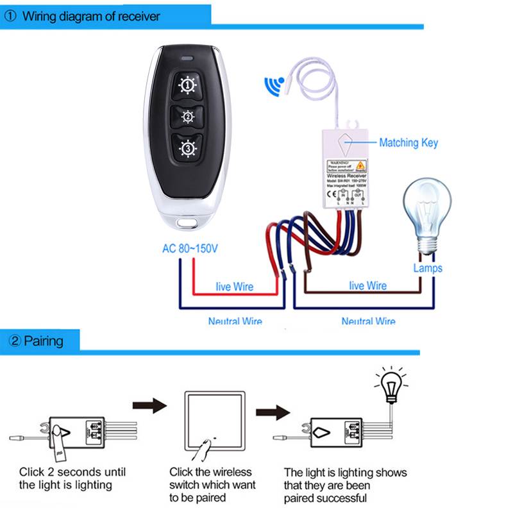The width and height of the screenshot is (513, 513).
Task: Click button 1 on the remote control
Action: [x=187, y=85]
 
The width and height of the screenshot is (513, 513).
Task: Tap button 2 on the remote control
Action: [x=187, y=117]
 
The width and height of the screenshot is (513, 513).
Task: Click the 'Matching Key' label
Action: [x=408, y=142]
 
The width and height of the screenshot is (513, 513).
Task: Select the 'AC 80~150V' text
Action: [x=190, y=249]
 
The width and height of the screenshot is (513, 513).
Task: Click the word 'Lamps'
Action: [x=428, y=268]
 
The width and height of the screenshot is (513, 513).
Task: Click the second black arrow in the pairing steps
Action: [x=271, y=410]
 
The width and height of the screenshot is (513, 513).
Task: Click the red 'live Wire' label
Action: [x=234, y=286]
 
